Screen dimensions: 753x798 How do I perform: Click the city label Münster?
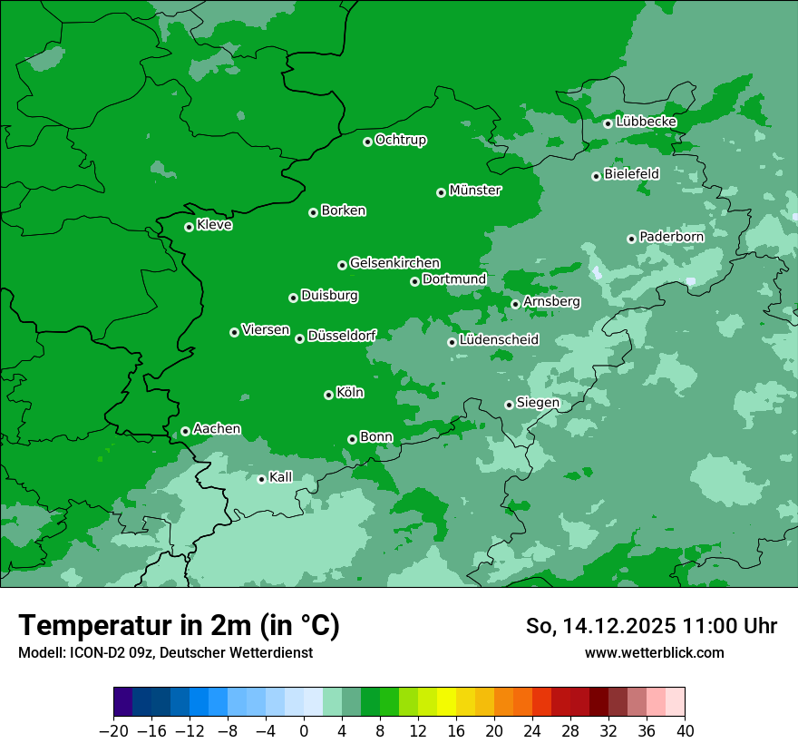point(475,191)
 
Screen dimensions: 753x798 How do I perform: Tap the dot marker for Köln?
point(328,395)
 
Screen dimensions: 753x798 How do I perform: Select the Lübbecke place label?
point(646,122)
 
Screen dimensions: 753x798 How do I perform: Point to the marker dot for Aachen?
point(185,431)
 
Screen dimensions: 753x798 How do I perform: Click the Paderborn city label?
point(671,237)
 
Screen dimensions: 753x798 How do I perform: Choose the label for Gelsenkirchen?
point(394,263)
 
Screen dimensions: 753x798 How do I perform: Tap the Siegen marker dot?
point(509,405)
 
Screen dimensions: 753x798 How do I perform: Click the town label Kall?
point(281,477)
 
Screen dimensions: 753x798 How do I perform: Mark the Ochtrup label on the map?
point(401,140)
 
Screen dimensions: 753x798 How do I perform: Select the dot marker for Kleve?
point(189,227)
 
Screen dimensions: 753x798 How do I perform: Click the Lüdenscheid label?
point(499,340)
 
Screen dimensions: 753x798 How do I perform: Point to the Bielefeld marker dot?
point(596,176)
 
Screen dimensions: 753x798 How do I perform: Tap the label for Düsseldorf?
point(342,336)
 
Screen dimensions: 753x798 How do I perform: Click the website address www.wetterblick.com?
point(654,652)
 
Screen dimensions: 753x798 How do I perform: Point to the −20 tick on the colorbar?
point(113,731)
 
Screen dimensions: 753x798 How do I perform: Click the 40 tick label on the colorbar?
point(685,731)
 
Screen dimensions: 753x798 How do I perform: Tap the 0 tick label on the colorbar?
point(304,731)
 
